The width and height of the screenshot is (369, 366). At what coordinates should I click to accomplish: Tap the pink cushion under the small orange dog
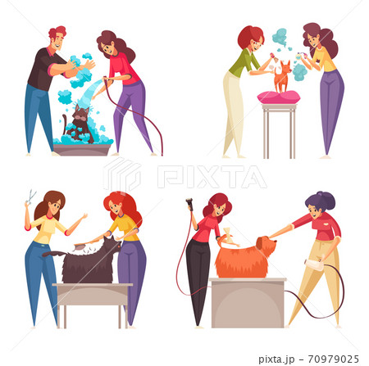pyautogui.click(x=279, y=97)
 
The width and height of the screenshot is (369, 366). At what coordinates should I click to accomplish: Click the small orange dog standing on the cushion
pyautogui.click(x=282, y=76)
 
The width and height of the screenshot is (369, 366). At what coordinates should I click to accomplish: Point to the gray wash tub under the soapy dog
pyautogui.click(x=82, y=150)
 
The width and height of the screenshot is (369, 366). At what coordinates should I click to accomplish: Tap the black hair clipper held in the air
pyautogui.click(x=189, y=205)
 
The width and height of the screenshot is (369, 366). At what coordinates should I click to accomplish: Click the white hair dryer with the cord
pyautogui.click(x=314, y=264)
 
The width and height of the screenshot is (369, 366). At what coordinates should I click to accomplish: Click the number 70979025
pyautogui.click(x=333, y=359)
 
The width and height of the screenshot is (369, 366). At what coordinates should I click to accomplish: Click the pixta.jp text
pyautogui.click(x=276, y=359)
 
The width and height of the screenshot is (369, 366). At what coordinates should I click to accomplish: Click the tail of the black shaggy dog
pyautogui.click(x=54, y=254)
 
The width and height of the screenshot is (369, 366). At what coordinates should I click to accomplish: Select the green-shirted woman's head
pyautogui.click(x=251, y=38)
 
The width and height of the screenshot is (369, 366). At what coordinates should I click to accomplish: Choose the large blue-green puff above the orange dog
pyautogui.click(x=280, y=37)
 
